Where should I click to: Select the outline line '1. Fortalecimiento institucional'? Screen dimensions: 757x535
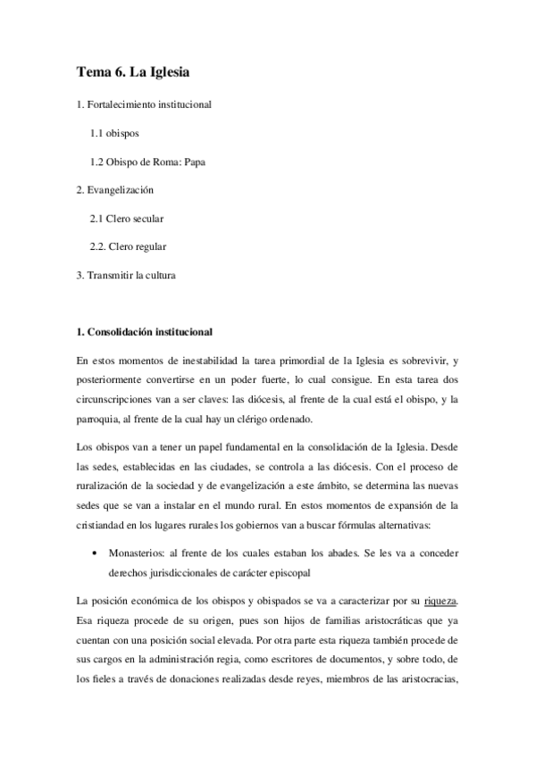pos(143,104)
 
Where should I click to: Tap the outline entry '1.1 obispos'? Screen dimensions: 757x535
pos(113,133)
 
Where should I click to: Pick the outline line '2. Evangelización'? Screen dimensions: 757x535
pos(115,190)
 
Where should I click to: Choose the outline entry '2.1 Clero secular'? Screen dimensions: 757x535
pos(126,219)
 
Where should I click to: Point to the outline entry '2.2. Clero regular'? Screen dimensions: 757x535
pos(128,246)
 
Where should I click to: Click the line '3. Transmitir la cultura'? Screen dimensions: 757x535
pos(126,275)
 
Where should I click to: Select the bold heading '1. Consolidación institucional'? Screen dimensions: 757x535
pos(145,332)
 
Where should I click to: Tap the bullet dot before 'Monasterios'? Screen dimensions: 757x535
pos(95,553)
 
